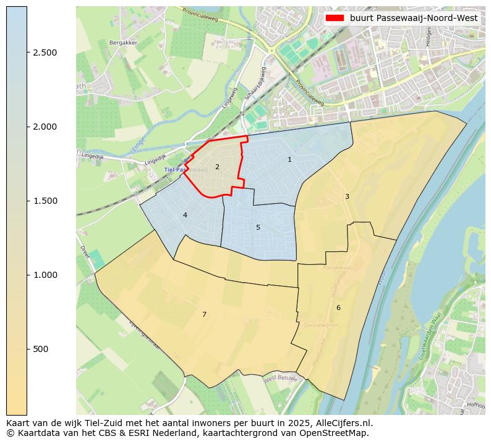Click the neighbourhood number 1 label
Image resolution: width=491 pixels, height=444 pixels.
(x=289, y=160)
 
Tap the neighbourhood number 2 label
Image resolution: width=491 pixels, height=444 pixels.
(x=217, y=167)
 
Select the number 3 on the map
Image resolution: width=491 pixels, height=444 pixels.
(x=347, y=196)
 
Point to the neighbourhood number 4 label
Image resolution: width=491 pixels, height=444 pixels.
(x=185, y=215)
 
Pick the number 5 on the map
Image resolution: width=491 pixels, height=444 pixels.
(x=258, y=227)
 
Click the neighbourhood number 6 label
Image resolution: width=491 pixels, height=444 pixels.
(x=338, y=308)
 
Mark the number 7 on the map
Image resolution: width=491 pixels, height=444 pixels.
(x=204, y=314)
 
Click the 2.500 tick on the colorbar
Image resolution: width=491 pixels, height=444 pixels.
(x=45, y=52)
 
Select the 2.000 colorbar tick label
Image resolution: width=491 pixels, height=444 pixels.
(x=45, y=127)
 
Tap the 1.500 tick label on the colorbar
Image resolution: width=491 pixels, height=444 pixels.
(x=45, y=201)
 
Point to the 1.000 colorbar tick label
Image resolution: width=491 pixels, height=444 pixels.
(x=45, y=275)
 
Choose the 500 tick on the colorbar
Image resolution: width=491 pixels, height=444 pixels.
(x=40, y=349)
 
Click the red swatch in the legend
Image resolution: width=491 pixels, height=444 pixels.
(x=335, y=18)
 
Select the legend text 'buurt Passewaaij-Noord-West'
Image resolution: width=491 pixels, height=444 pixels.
(x=413, y=18)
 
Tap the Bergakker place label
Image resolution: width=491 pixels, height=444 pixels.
(x=123, y=43)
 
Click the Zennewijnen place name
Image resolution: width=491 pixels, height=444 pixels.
(x=321, y=325)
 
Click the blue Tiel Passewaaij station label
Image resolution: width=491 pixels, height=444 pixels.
(x=177, y=169)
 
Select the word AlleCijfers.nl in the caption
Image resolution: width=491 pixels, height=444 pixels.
(x=341, y=423)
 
